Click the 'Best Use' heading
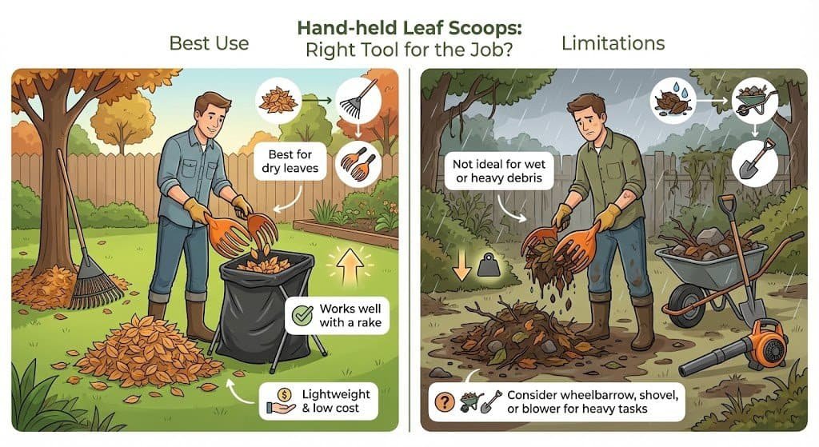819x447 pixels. tap(209, 43)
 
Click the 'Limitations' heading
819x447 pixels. tap(613, 43)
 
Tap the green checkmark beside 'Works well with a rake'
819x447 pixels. tap(302, 315)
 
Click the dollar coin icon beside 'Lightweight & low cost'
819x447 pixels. tap(284, 395)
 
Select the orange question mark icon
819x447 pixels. tap(445, 401)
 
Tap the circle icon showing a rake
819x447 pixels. tap(358, 101)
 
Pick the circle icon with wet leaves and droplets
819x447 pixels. tap(673, 101)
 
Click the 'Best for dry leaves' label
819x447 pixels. tap(290, 162)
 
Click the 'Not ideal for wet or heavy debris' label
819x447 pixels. tap(499, 171)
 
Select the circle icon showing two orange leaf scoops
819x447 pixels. tap(358, 163)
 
